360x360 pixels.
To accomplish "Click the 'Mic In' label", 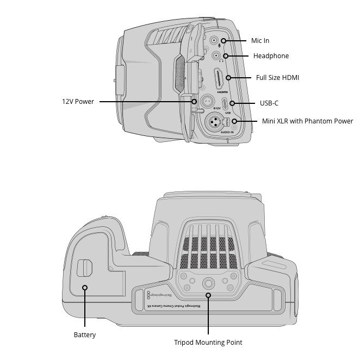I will click(x=260, y=41).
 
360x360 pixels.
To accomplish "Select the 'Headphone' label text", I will click(x=271, y=56).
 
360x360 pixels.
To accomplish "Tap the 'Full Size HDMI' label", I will click(x=277, y=78).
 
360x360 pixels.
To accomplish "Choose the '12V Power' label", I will click(x=77, y=101).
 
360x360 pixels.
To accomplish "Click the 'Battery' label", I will click(x=84, y=335).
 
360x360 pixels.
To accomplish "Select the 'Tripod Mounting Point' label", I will click(x=208, y=343).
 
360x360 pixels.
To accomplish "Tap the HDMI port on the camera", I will click(x=218, y=79).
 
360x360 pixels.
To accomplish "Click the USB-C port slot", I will click(x=225, y=103).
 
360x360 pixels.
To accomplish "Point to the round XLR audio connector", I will click(x=213, y=122).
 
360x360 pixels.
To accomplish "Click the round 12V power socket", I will click(x=207, y=101).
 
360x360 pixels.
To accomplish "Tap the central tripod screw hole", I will click(x=208, y=283).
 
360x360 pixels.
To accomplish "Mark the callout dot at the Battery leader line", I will click(x=85, y=287).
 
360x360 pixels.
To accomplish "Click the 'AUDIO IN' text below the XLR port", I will click(x=227, y=132).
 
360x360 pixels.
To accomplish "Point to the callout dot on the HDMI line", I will click(x=228, y=78).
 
